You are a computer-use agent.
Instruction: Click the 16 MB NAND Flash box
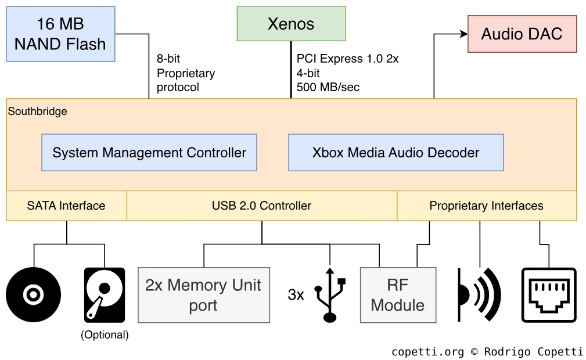click(60, 34)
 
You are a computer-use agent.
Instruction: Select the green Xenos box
click(291, 24)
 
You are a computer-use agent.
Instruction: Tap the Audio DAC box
click(522, 34)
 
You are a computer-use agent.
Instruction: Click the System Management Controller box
click(149, 153)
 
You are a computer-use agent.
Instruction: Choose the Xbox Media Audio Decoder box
click(396, 153)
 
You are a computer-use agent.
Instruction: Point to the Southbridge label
click(38, 111)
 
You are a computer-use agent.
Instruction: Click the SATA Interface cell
click(66, 206)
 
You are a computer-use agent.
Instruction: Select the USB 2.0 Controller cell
click(261, 206)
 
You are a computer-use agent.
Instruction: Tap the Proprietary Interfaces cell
click(486, 206)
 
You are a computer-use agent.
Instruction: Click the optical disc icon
click(34, 294)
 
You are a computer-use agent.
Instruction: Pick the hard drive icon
click(105, 294)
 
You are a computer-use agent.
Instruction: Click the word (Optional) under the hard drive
click(105, 334)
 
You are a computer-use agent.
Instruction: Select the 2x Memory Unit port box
click(203, 295)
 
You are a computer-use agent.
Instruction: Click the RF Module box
click(398, 295)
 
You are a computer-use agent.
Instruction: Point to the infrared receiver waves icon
click(479, 294)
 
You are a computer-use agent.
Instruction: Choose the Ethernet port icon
click(549, 294)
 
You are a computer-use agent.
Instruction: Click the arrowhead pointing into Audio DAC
click(463, 34)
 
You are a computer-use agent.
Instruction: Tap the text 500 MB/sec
click(328, 87)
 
